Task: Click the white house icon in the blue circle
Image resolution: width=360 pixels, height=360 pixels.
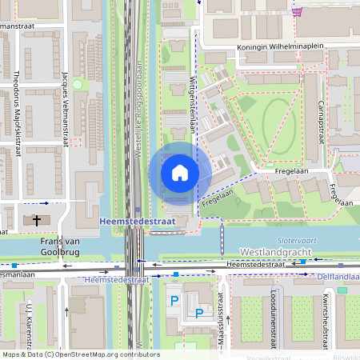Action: coord(180,173)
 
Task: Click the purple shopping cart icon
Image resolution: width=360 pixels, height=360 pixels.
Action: coord(298,11)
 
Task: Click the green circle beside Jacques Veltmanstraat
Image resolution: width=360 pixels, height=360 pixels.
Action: coord(77,84)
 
